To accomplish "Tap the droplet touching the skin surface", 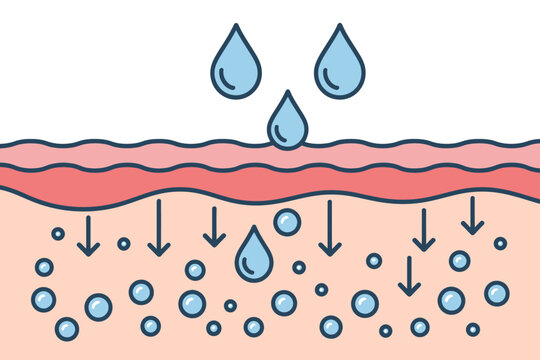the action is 288,123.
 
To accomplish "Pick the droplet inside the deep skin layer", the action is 254,256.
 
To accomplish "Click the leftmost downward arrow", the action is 88,235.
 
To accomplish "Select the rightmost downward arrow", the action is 472,216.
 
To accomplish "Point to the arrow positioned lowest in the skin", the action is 409,276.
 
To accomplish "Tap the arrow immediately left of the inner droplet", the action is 214,227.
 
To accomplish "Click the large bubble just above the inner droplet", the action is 287,222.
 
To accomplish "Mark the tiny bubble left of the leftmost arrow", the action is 58,233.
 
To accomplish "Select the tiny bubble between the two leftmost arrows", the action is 124,243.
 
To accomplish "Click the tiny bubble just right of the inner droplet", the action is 299,267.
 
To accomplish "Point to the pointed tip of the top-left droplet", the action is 236,27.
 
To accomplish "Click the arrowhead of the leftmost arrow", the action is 88,249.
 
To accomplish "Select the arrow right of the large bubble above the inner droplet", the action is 330,228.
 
